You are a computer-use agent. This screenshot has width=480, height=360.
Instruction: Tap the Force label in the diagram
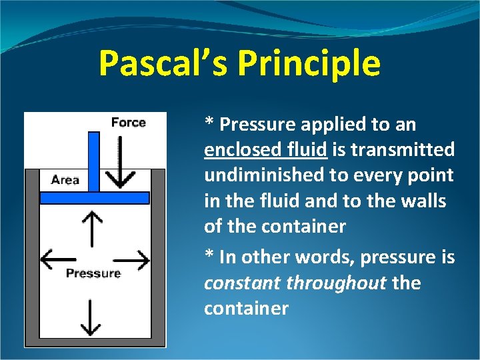pos(128,122)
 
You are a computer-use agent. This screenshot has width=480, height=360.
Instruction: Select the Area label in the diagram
pos(65,179)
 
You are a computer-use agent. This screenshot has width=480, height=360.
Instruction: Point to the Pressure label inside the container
pos(93,273)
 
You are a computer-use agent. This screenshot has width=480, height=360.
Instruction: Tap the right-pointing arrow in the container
pos(133,260)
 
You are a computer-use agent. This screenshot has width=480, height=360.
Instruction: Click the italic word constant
pos(243,283)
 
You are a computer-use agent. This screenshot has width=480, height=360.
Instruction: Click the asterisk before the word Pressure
pos(209,123)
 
